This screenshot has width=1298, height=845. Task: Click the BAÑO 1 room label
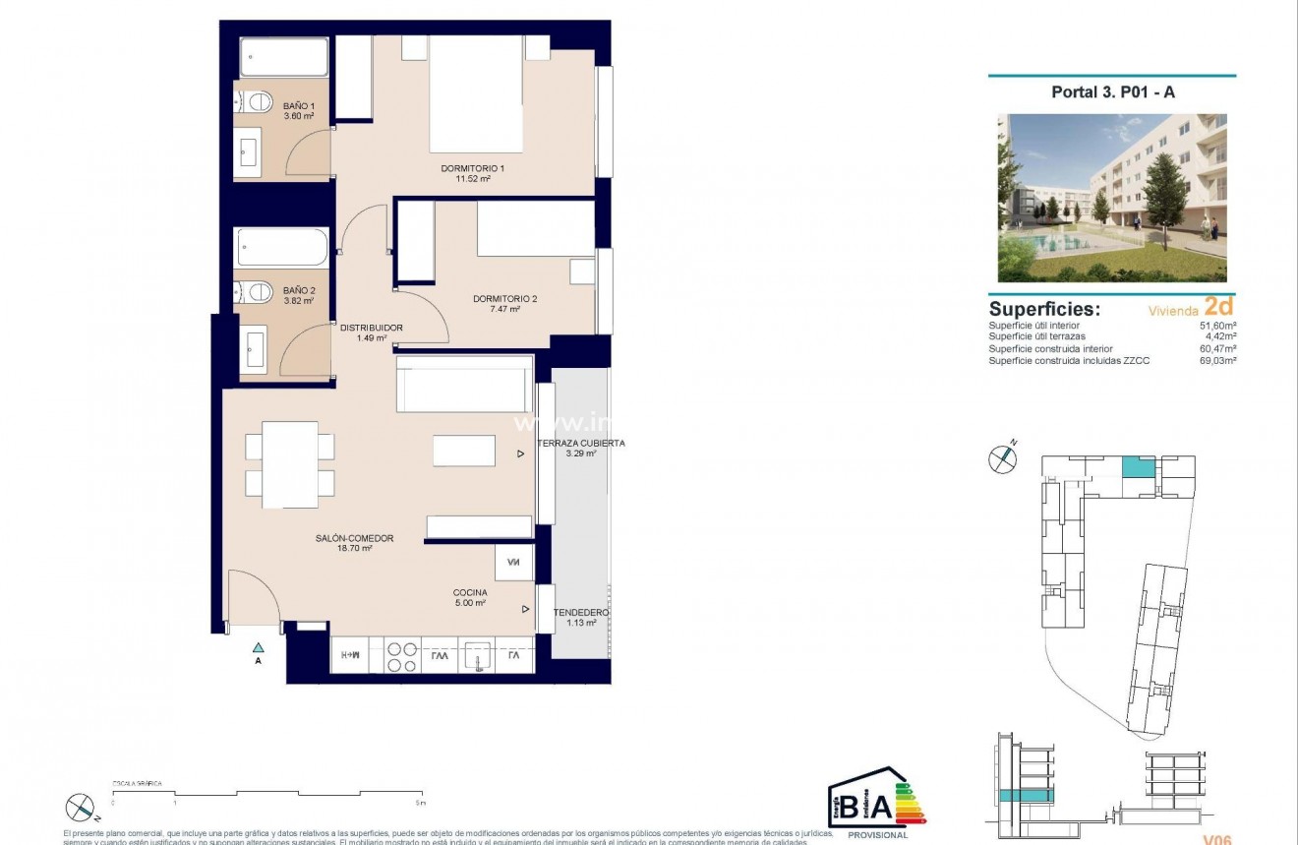click(298, 105)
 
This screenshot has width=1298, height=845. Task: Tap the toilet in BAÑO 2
click(259, 291)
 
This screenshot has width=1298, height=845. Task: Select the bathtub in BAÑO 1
click(284, 58)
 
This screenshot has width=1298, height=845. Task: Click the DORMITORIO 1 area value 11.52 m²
click(472, 180)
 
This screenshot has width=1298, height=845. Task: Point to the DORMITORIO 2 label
click(504, 298)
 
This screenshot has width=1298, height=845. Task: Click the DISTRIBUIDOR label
click(371, 328)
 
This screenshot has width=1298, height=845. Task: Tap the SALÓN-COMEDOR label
click(354, 538)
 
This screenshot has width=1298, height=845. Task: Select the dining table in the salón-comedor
click(290, 464)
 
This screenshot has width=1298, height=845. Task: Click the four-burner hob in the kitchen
click(402, 656)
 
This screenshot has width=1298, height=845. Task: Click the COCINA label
click(469, 592)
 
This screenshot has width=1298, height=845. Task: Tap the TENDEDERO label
click(580, 613)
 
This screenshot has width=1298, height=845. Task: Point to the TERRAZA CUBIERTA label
click(581, 444)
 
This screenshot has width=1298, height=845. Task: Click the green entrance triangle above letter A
click(258, 647)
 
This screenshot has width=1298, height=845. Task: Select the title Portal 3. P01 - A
click(1112, 92)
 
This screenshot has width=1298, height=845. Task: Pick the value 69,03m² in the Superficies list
click(1217, 361)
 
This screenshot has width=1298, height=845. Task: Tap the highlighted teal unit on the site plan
click(1138, 466)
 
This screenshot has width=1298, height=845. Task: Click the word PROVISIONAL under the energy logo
click(875, 834)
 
